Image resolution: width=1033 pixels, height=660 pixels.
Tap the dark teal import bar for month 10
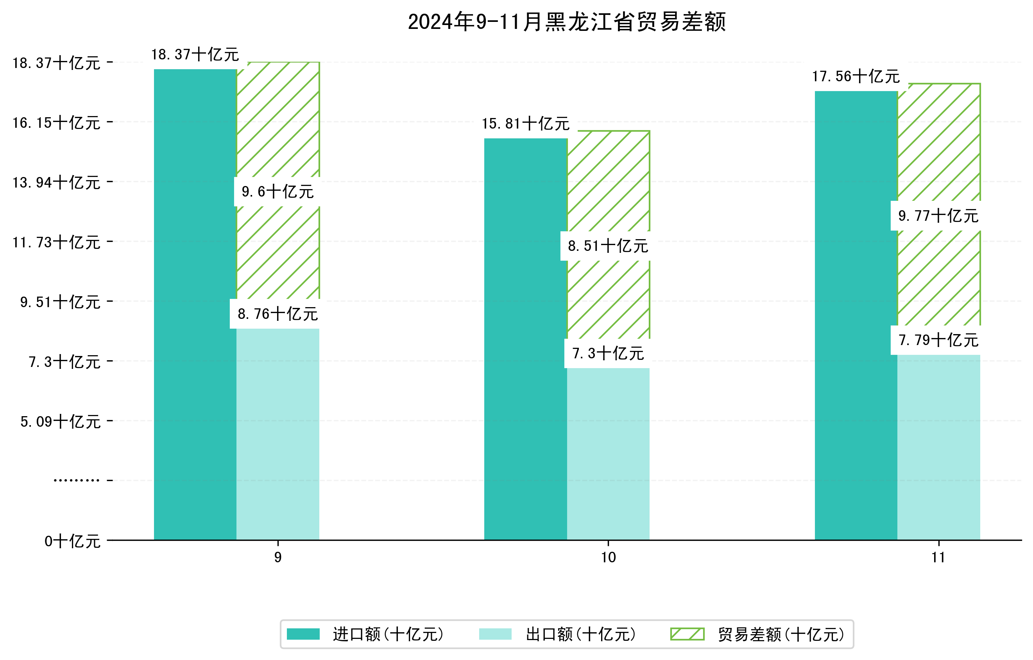coord(526,339)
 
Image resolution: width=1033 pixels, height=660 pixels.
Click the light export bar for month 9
coord(278,433)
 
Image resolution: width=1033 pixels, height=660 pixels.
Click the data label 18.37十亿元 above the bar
coord(195,54)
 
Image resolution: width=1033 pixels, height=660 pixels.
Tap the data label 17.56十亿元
coord(856,76)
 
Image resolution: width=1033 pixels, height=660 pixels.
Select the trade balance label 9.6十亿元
coord(277,192)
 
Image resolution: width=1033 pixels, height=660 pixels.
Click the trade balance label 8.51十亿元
coord(608,246)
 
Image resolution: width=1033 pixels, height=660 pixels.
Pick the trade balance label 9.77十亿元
coord(938,216)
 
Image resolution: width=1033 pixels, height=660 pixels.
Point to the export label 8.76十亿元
coord(277,314)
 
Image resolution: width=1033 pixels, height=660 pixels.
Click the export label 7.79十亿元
coord(938,340)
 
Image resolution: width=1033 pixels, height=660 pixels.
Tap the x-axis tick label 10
coord(608,558)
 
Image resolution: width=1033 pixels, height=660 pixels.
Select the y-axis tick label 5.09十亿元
coord(61,422)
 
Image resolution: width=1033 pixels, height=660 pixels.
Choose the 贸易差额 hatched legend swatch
coord(687,634)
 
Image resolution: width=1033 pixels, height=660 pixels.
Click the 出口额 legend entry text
coord(580,634)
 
